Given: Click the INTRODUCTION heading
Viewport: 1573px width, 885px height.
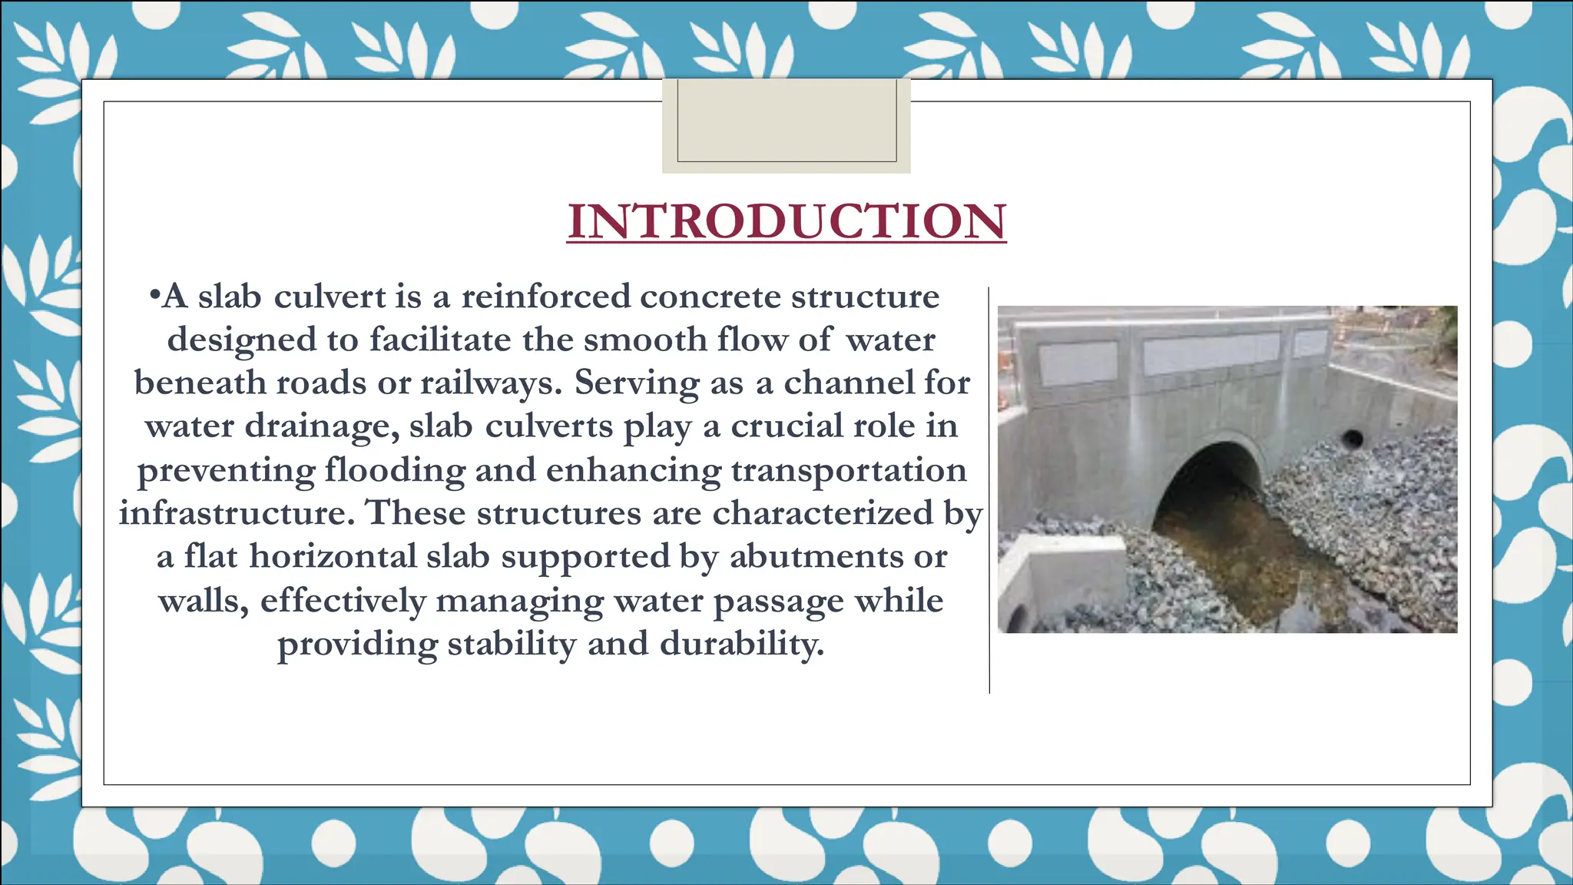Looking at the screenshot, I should [x=786, y=222].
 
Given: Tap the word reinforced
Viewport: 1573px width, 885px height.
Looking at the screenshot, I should [x=545, y=297].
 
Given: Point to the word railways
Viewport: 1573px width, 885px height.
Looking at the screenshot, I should [x=491, y=383].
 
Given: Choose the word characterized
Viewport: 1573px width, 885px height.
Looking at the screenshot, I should [x=823, y=512].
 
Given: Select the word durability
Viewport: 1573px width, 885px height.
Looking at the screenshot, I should [x=741, y=644].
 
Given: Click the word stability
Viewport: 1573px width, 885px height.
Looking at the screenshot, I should [x=511, y=644].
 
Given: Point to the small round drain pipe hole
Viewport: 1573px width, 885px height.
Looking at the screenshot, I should [x=1352, y=439].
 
